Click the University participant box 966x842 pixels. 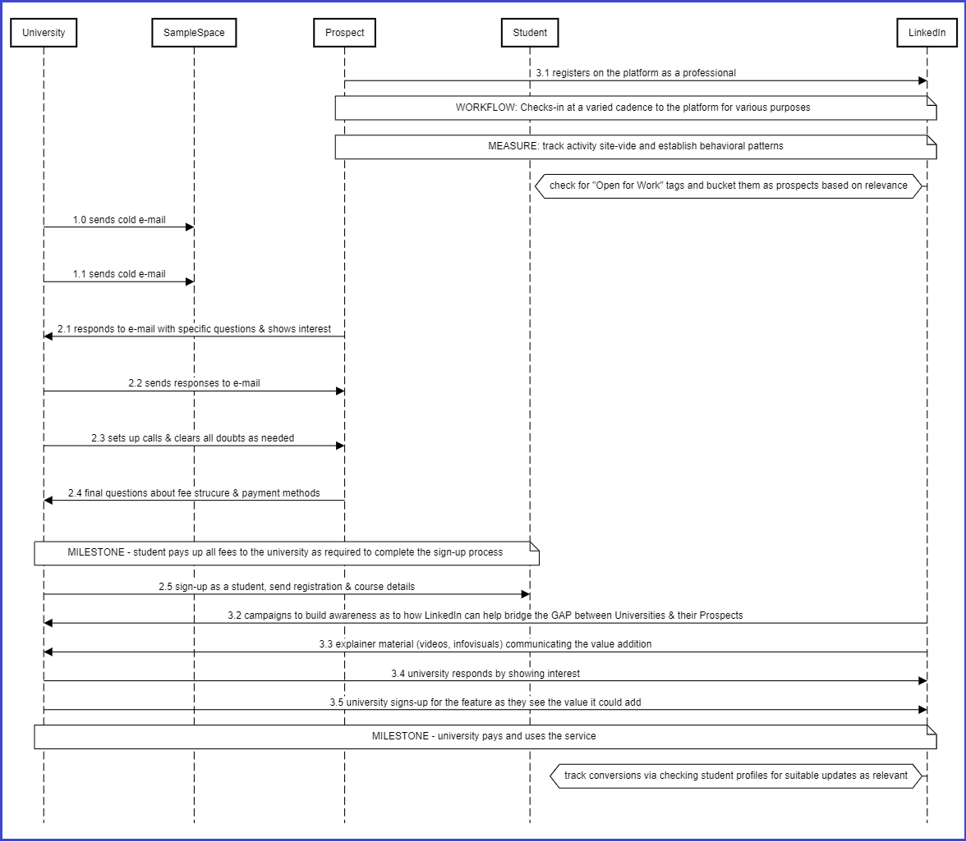[x=44, y=33]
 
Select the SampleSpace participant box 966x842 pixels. [x=194, y=33]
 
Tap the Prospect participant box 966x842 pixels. [x=344, y=33]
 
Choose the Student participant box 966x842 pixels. [x=530, y=33]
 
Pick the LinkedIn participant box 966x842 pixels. [x=927, y=33]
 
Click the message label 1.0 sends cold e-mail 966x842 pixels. [x=119, y=220]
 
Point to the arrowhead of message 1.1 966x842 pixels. [x=190, y=282]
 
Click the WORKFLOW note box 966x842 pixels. [x=636, y=108]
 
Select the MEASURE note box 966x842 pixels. [x=636, y=147]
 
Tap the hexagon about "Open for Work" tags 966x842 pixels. [x=728, y=185]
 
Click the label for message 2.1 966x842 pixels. [x=194, y=328]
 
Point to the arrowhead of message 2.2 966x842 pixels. [x=340, y=391]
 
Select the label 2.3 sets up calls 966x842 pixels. [x=193, y=438]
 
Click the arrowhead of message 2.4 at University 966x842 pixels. [x=48, y=501]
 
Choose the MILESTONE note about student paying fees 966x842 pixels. [x=287, y=553]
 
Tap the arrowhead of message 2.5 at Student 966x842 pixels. [x=526, y=594]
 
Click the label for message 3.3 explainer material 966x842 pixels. [x=485, y=643]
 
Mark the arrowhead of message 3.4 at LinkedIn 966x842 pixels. [x=923, y=681]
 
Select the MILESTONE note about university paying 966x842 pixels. [x=485, y=737]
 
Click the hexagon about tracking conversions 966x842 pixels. [x=736, y=776]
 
